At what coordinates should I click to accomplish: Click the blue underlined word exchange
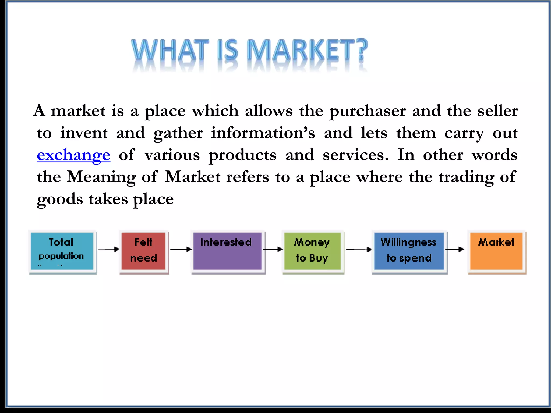click(x=73, y=155)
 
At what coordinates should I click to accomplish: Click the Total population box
click(x=62, y=251)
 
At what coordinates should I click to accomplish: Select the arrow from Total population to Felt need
click(x=108, y=249)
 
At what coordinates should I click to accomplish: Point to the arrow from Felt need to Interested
click(x=181, y=249)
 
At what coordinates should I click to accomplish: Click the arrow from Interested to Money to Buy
click(x=273, y=249)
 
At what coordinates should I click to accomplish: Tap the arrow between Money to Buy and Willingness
click(x=358, y=249)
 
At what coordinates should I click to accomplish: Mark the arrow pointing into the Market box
click(x=455, y=249)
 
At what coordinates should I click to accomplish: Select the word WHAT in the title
click(x=170, y=50)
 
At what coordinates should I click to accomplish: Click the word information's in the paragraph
click(x=263, y=133)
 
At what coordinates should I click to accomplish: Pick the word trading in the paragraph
click(x=466, y=177)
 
